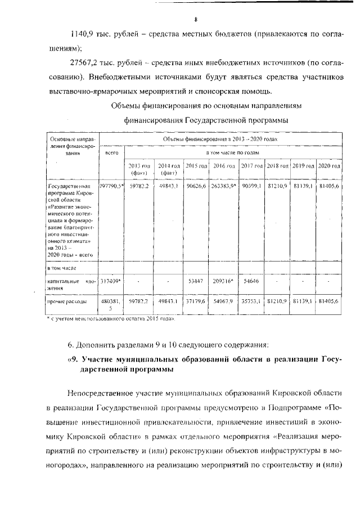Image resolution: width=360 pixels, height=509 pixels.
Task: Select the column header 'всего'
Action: click(x=111, y=152)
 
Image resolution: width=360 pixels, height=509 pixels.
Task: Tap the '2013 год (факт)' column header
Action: click(x=138, y=169)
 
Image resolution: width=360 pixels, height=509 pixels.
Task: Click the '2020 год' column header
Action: click(x=329, y=166)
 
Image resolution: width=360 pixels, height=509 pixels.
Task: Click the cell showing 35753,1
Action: click(x=251, y=301)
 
